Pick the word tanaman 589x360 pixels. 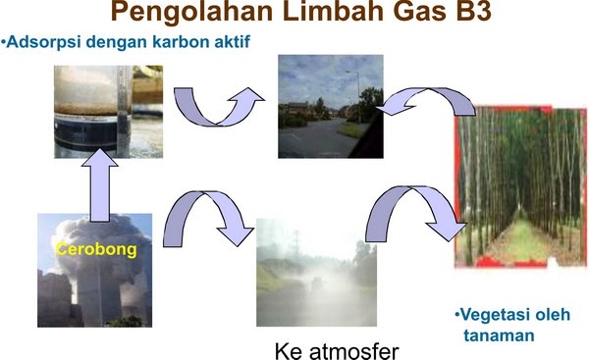coord(499,334)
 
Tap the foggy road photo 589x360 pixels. coord(316,272)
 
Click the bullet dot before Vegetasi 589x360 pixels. coord(456,315)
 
